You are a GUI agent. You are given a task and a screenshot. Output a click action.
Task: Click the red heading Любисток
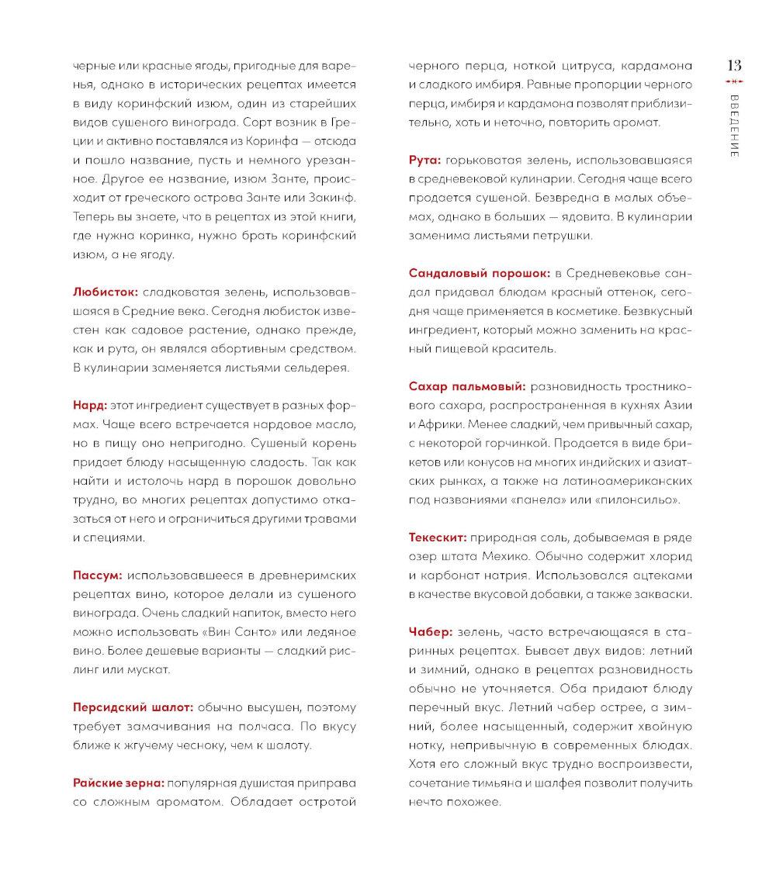click(106, 292)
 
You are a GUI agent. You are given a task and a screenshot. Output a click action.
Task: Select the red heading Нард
click(89, 405)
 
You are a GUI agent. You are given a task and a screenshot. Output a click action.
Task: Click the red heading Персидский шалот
click(133, 707)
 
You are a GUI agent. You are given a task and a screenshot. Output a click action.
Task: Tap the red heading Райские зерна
click(118, 783)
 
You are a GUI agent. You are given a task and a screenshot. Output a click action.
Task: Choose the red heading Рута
click(424, 160)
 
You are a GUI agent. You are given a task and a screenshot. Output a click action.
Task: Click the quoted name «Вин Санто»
click(234, 631)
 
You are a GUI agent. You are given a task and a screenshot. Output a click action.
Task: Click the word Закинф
click(332, 198)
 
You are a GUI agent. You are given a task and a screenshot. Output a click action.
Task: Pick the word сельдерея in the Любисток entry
click(315, 367)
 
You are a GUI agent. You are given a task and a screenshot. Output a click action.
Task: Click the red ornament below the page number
click(733, 81)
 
